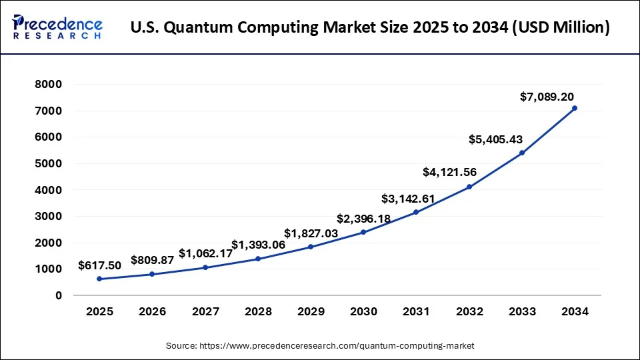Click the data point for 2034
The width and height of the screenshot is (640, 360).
pyautogui.click(x=575, y=108)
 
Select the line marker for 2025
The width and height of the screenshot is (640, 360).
pyautogui.click(x=99, y=279)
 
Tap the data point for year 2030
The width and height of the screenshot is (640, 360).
pyautogui.click(x=363, y=232)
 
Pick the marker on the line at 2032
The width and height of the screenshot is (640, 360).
pyautogui.click(x=469, y=187)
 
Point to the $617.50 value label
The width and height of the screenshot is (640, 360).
pyautogui.click(x=99, y=265)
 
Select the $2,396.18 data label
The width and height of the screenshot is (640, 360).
pyautogui.click(x=363, y=218)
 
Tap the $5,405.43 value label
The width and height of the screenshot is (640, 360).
pyautogui.click(x=495, y=140)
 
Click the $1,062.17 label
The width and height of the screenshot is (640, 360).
pyautogui.click(x=205, y=253)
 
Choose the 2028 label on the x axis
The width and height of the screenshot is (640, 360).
pyautogui.click(x=258, y=311)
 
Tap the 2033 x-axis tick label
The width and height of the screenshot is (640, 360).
pyautogui.click(x=522, y=311)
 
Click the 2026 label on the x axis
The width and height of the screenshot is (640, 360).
pyautogui.click(x=152, y=311)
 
